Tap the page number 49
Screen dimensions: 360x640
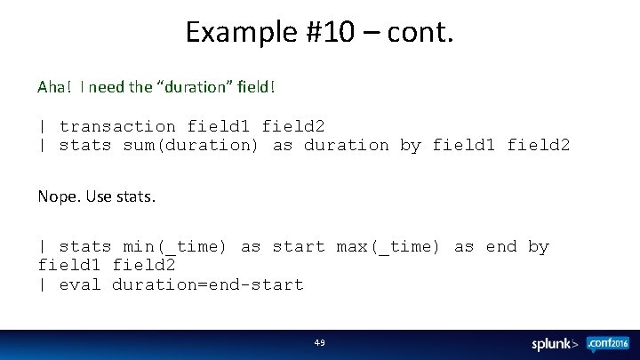pos(320,342)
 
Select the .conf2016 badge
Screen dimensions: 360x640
pos(608,342)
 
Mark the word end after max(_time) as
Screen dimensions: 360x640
pos(501,246)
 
